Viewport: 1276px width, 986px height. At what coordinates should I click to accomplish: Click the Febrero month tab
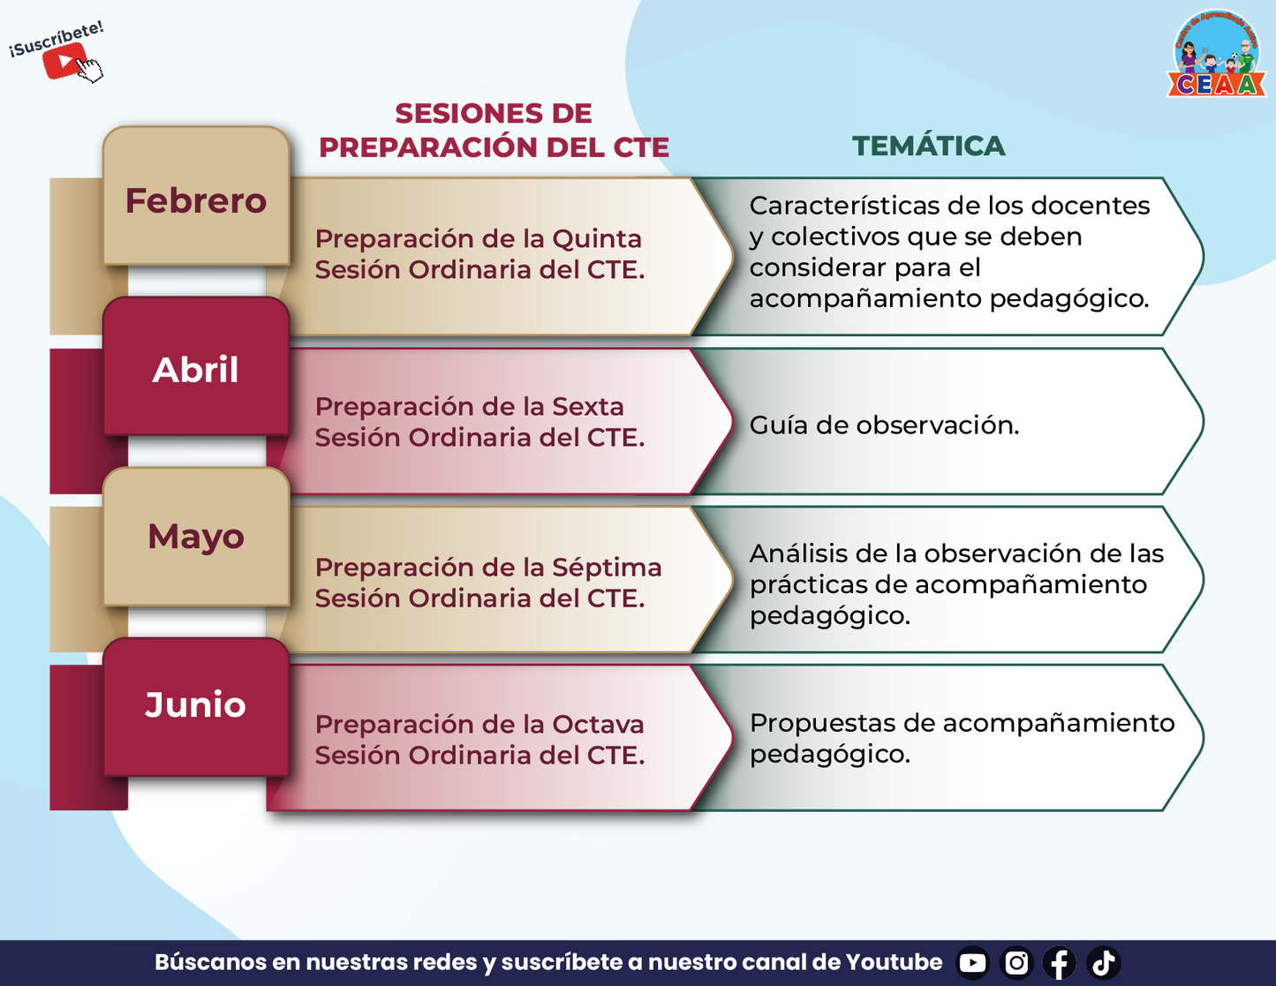[196, 195]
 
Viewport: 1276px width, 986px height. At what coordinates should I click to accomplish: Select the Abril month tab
[196, 366]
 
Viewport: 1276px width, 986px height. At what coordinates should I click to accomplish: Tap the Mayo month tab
[196, 537]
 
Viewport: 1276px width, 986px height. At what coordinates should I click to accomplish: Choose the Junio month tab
[196, 707]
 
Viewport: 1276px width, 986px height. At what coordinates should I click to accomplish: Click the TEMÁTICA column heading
[928, 146]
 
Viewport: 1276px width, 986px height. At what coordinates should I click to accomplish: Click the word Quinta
[597, 239]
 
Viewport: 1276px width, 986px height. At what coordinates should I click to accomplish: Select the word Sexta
[588, 407]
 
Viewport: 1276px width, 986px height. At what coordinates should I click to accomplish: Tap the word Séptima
[607, 568]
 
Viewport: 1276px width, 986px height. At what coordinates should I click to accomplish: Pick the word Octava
[598, 724]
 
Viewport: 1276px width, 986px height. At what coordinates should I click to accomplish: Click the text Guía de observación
[884, 425]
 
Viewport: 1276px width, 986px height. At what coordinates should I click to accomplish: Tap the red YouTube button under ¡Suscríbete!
[64, 60]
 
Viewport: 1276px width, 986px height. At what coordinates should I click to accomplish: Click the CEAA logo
[1216, 54]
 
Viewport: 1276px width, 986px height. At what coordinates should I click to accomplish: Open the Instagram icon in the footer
[1016, 962]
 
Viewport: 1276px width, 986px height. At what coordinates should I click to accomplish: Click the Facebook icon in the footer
[1060, 962]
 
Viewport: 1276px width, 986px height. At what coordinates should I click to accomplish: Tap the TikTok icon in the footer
[1103, 962]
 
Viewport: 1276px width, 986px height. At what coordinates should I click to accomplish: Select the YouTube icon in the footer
[972, 962]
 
